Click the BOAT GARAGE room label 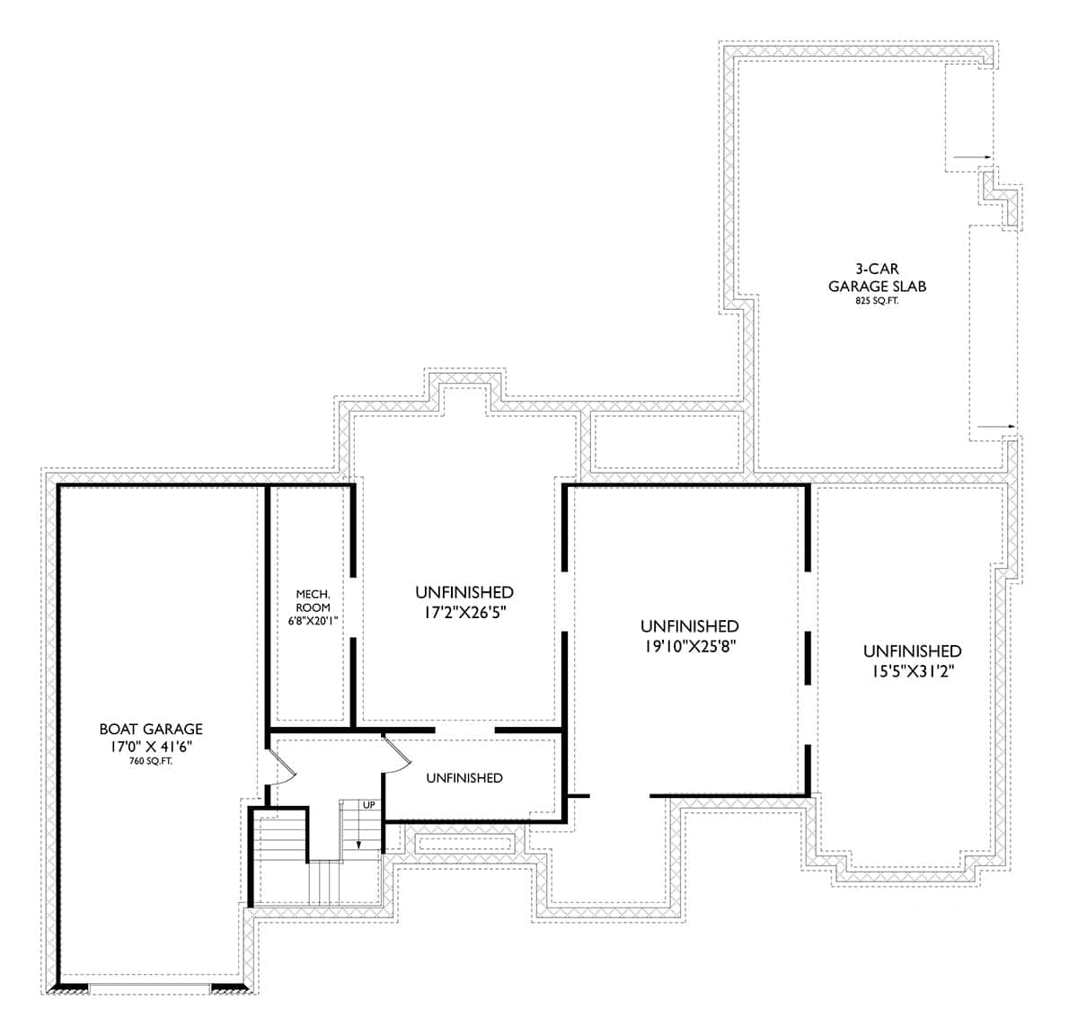click(151, 730)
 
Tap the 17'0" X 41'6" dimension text click(151, 747)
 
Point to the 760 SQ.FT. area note click(151, 761)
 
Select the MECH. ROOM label click(314, 601)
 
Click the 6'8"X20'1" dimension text click(314, 620)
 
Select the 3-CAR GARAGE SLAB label click(877, 278)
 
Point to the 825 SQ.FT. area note click(877, 301)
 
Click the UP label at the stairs click(368, 805)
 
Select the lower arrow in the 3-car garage click(996, 426)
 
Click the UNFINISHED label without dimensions click(464, 778)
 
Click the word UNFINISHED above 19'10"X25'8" click(689, 626)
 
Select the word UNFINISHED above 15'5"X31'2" click(912, 651)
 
